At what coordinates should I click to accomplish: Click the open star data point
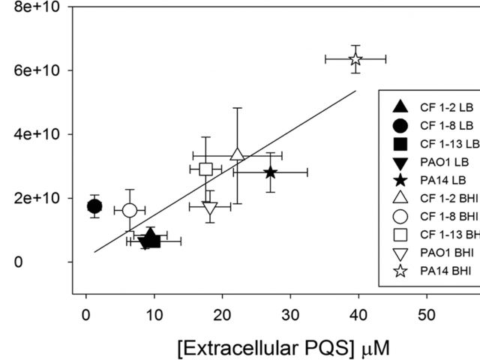click(355, 59)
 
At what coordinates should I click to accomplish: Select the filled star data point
click(270, 172)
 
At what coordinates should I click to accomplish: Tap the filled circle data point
click(94, 206)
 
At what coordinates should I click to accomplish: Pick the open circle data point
click(130, 210)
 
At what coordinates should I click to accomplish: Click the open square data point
click(206, 169)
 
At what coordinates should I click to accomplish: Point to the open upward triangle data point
click(237, 154)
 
